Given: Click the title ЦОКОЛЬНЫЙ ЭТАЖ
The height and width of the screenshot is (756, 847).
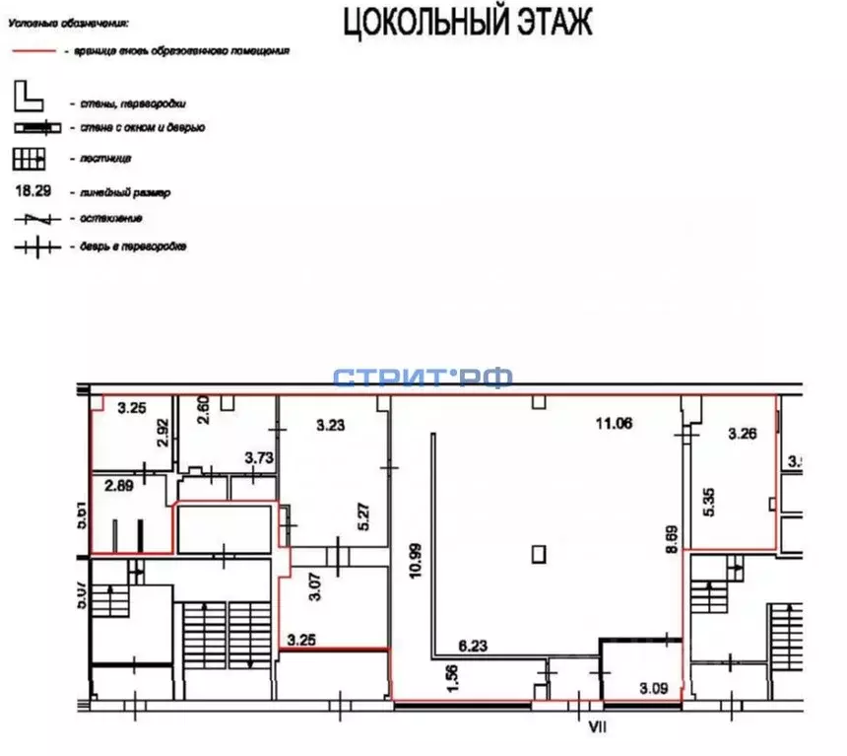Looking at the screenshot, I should (467, 22).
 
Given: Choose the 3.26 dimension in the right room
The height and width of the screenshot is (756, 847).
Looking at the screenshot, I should (743, 432).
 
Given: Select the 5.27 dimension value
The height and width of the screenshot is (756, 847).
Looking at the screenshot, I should (363, 518).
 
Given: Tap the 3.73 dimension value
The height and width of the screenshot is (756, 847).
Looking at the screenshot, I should (258, 457).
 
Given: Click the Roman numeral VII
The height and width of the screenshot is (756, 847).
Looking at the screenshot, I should (595, 727).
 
